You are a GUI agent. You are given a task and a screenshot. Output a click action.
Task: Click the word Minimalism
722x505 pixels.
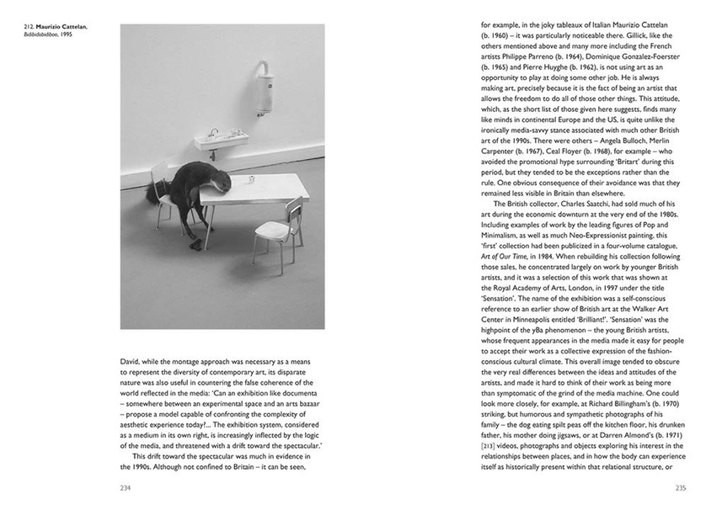click(x=502, y=228)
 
